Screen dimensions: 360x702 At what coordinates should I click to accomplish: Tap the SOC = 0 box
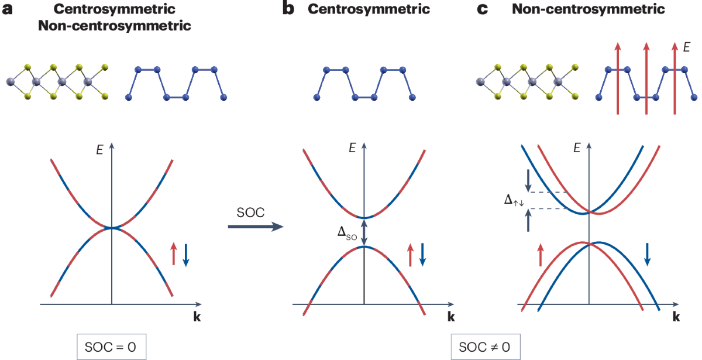[x=111, y=347]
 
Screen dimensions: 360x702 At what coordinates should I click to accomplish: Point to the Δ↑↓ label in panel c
[x=514, y=200]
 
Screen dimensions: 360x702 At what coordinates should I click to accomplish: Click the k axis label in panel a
[x=194, y=318]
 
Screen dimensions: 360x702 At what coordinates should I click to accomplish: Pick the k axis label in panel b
[x=451, y=318]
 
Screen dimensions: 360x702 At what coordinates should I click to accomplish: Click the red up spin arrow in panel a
[x=174, y=255]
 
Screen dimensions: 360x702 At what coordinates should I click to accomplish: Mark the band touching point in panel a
[x=111, y=228]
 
